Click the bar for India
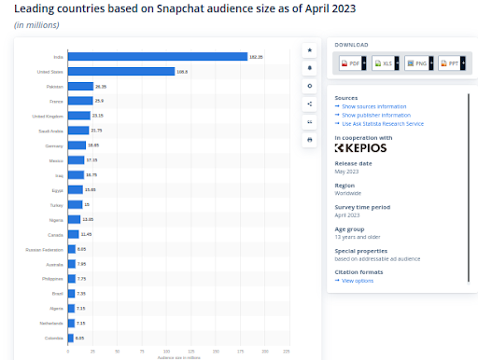tap(157, 57)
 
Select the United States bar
tap(121, 71)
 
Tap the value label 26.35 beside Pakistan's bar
tap(101, 86)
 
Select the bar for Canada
tap(73, 234)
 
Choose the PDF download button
tap(348, 63)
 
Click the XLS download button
tap(383, 63)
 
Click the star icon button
tap(309, 49)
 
